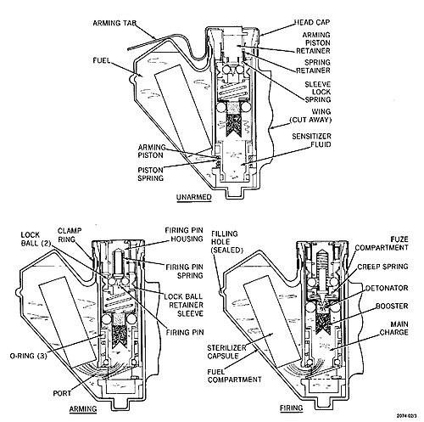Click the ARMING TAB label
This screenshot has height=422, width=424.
click(114, 23)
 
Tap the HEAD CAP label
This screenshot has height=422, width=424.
click(312, 22)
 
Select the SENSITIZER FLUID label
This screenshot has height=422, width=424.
click(311, 140)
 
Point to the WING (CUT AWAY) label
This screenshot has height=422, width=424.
click(310, 115)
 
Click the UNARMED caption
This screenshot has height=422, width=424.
click(194, 197)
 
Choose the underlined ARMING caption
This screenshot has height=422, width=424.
click(83, 409)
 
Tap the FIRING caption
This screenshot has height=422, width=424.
click(291, 408)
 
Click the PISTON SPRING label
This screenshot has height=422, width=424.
click(150, 174)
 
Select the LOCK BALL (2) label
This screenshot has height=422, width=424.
click(35, 239)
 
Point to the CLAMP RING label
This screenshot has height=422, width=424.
click(70, 235)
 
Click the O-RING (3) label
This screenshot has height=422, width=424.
click(28, 356)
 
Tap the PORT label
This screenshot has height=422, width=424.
click(62, 393)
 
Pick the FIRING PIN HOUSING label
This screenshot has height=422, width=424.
click(184, 234)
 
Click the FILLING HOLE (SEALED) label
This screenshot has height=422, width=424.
click(227, 242)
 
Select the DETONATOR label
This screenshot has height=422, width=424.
click(387, 288)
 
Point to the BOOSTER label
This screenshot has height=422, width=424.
click(392, 307)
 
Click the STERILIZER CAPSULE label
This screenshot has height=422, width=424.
click(226, 352)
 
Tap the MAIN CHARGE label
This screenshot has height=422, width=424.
click(393, 328)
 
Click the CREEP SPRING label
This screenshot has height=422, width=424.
click(382, 267)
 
